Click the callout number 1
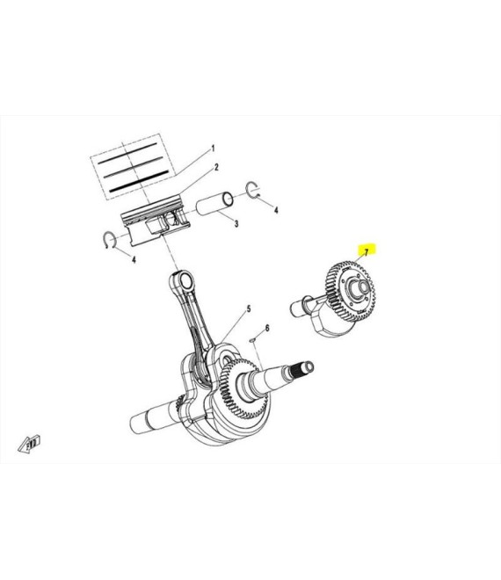213,149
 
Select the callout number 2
217,168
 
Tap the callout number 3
236,223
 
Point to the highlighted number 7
367,252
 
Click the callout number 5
249,308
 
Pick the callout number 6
267,328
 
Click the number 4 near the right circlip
276,210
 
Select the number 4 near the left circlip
134,259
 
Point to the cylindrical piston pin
214,203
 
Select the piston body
156,222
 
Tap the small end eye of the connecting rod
185,281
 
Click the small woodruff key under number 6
252,338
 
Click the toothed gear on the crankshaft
243,388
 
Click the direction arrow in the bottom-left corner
29,444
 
